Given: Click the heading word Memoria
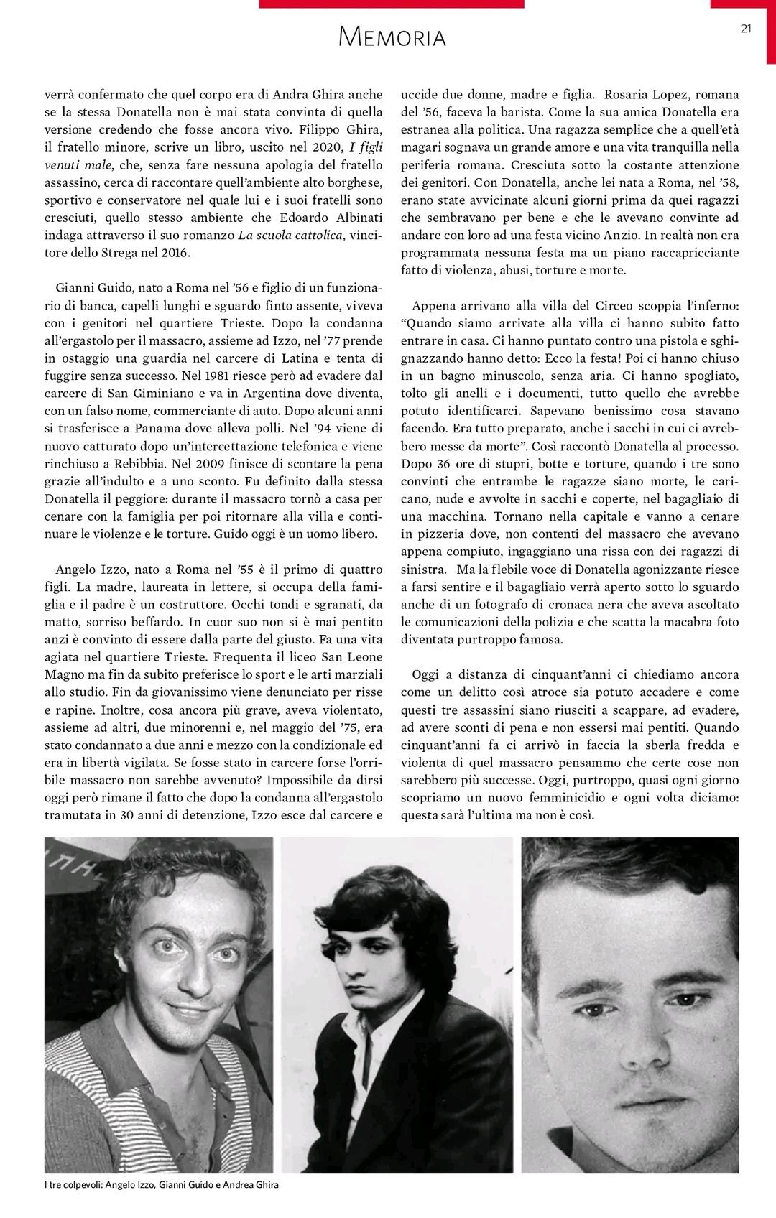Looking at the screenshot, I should click(392, 37).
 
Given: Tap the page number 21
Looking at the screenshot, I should click(745, 29).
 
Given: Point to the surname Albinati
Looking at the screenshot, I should click(351, 217).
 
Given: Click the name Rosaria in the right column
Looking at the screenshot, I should click(627, 94).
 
